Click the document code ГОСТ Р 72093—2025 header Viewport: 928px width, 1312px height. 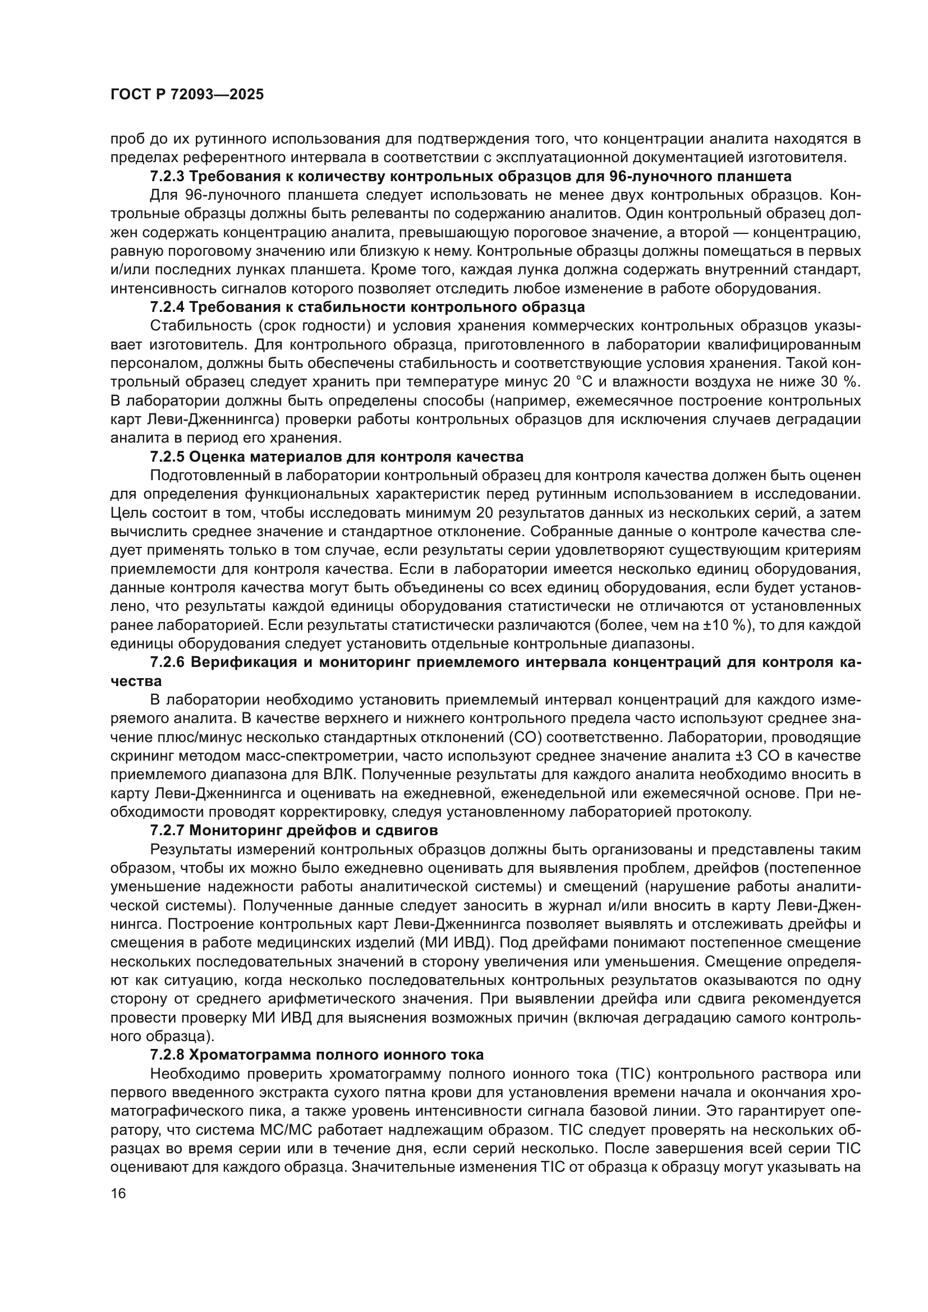(x=187, y=95)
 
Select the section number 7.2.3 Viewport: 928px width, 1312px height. (x=167, y=176)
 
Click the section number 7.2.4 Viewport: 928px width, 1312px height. (x=167, y=307)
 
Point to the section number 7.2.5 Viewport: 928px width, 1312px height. (x=167, y=457)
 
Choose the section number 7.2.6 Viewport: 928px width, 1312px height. (x=167, y=663)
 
